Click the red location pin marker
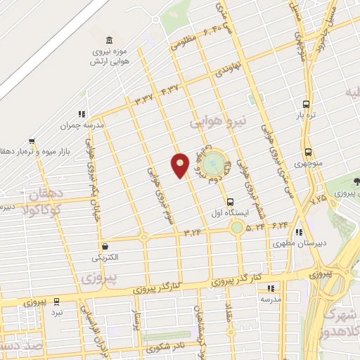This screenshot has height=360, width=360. point(180,165)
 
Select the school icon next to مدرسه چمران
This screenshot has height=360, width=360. point(82,114)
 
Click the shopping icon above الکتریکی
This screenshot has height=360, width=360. point(105,247)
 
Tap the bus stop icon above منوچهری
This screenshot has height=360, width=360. point(308,153)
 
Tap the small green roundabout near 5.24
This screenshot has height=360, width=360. point(237,227)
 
